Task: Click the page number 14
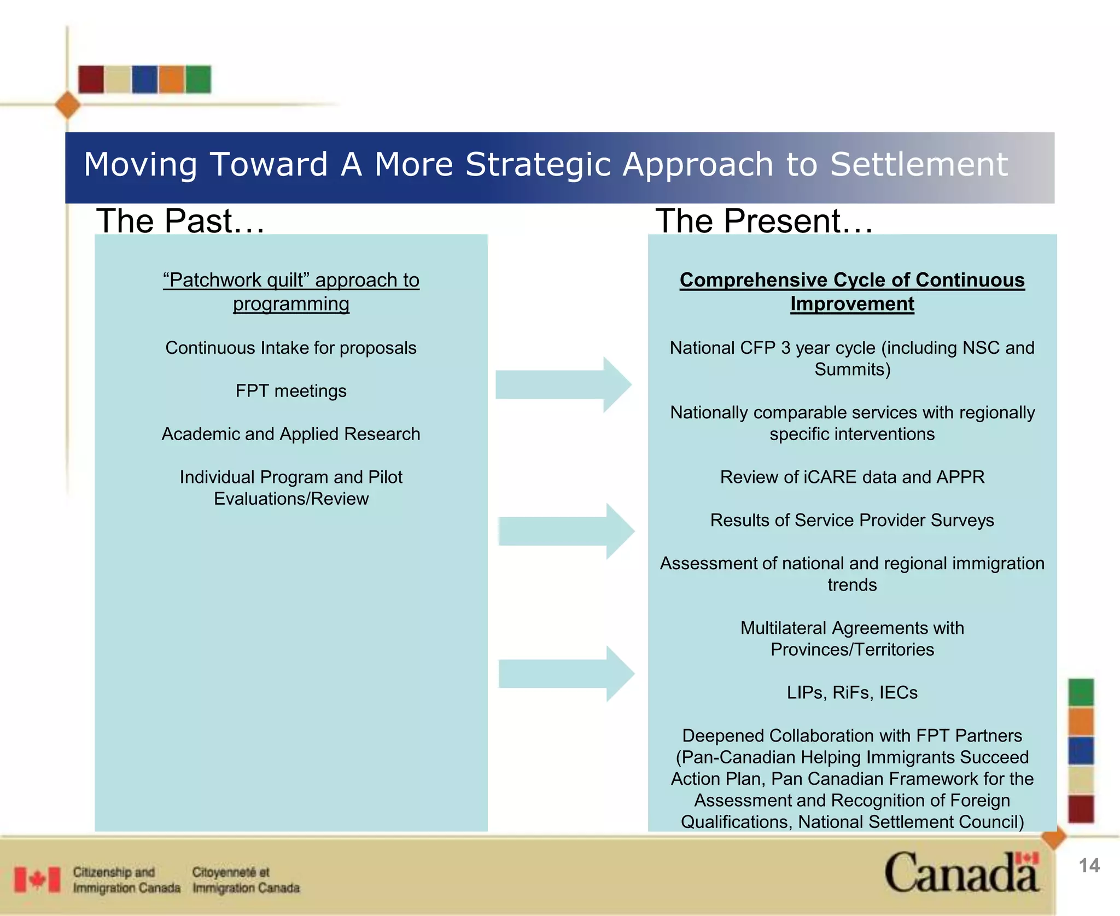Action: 1089,866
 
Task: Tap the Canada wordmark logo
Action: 961,873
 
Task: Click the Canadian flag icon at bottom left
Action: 37,880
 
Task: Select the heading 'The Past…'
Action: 180,221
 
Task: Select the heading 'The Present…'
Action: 764,221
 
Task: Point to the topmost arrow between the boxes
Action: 563,384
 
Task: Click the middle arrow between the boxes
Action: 566,531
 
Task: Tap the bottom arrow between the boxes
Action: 566,674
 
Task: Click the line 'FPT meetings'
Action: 291,391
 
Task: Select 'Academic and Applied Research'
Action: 291,434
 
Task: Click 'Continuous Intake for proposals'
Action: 291,348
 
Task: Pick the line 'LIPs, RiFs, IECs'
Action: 852,693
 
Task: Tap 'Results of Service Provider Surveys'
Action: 852,520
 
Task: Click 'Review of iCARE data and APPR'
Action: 852,477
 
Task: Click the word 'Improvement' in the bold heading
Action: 852,304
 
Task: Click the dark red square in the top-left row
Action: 91,79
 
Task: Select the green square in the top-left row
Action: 198,79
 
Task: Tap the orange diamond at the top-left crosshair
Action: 68,105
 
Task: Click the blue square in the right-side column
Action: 1081,750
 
